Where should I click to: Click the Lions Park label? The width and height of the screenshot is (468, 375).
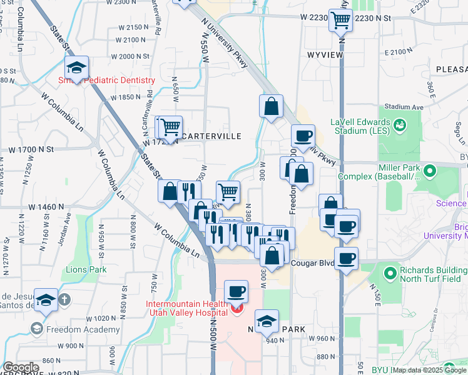click(86, 270)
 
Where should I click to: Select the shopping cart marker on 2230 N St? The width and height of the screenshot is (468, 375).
click(341, 20)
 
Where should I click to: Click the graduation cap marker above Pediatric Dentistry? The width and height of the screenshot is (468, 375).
click(76, 69)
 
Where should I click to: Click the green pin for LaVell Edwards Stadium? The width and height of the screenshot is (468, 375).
click(398, 127)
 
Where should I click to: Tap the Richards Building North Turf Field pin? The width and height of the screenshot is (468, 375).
click(391, 273)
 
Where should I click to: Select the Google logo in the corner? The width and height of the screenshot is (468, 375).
click(21, 368)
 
